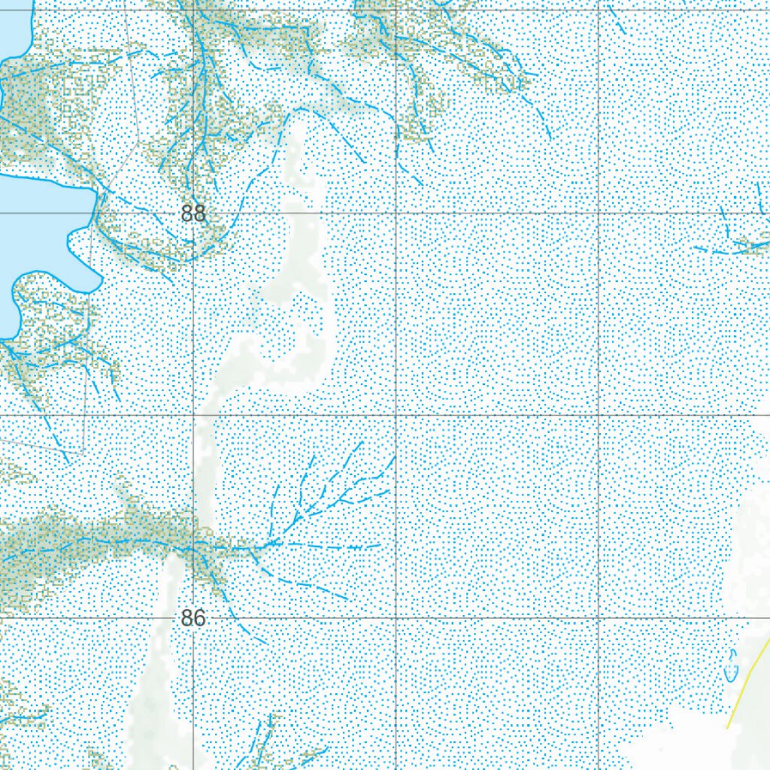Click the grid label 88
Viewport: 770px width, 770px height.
pos(193,214)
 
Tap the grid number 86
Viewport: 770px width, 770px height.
pos(193,618)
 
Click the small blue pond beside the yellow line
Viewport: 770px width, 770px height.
pos(731,666)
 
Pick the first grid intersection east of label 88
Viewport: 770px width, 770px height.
pos(397,213)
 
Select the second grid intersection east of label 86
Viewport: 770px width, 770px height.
pos(599,618)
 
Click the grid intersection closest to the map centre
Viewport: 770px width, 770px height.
pos(397,415)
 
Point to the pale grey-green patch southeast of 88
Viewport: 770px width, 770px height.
pos(301,301)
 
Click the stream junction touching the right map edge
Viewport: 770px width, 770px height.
pos(752,244)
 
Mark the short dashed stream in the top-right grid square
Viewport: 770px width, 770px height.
pos(617,23)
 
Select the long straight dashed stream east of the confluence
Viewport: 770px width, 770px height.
pos(331,544)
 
